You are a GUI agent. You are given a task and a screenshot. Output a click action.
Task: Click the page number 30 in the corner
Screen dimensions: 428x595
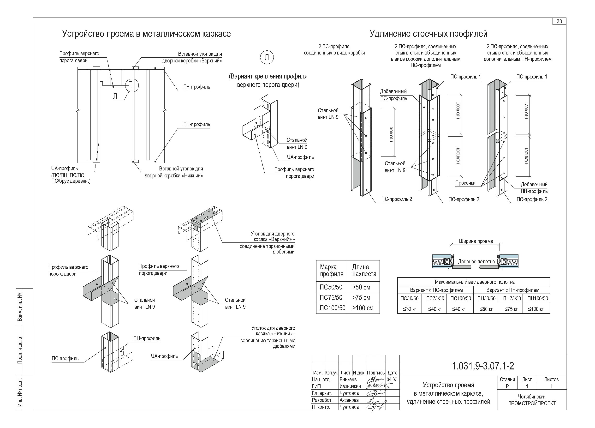[559, 22]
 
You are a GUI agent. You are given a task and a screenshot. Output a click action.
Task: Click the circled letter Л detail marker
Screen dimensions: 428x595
[267, 57]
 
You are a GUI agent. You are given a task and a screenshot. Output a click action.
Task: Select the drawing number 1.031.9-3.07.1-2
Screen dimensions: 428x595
[483, 366]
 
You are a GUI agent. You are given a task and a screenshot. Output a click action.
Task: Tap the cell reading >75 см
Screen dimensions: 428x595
[361, 297]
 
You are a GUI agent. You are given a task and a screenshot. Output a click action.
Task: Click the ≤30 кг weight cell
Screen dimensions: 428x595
[409, 309]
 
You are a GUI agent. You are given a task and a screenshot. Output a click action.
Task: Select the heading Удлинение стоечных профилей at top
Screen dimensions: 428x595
[428, 34]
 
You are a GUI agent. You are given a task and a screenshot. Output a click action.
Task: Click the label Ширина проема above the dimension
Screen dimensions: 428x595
[476, 241]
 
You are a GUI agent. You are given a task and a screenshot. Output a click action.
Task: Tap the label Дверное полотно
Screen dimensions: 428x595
[476, 261]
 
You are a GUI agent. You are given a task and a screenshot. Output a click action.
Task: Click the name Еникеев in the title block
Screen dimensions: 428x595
[348, 380]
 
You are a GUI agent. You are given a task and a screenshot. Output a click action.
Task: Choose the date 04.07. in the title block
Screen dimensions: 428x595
[392, 380]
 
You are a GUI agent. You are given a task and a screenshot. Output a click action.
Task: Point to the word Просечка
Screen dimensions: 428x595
[465, 183]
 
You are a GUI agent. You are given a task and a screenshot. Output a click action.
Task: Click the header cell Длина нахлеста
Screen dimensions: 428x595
[364, 270]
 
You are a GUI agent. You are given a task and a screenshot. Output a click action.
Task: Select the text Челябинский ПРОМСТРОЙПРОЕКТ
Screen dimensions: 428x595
[532, 400]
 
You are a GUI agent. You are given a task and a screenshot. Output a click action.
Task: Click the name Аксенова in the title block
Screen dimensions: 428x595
[349, 400]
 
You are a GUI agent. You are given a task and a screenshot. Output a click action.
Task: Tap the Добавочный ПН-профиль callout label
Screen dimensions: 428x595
[534, 188]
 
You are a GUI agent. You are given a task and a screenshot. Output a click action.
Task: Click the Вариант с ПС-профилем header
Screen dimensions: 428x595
[436, 290]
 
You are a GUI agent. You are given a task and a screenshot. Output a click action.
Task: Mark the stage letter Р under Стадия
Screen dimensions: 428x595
[507, 386]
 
